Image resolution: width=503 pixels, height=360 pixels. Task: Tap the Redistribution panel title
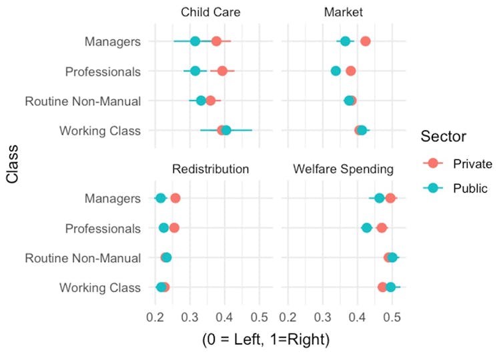coord(210,169)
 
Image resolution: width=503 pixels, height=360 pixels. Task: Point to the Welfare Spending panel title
coord(343,169)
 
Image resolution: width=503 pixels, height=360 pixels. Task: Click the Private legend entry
coord(472,164)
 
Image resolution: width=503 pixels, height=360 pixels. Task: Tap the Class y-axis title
coord(12,166)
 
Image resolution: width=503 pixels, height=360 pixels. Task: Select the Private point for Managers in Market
coord(365,41)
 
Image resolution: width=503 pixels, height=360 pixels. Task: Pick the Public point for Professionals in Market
coord(336,71)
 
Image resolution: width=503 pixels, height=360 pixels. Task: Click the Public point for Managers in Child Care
coord(195,41)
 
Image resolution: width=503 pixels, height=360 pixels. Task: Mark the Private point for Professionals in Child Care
coord(222,71)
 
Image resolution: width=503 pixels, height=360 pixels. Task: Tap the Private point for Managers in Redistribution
coord(175,198)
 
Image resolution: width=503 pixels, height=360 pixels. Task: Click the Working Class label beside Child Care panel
coord(100,131)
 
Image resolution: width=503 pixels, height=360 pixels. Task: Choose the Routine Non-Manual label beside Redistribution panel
coord(83,258)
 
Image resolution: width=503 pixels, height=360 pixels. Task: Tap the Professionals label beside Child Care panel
coord(103,71)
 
